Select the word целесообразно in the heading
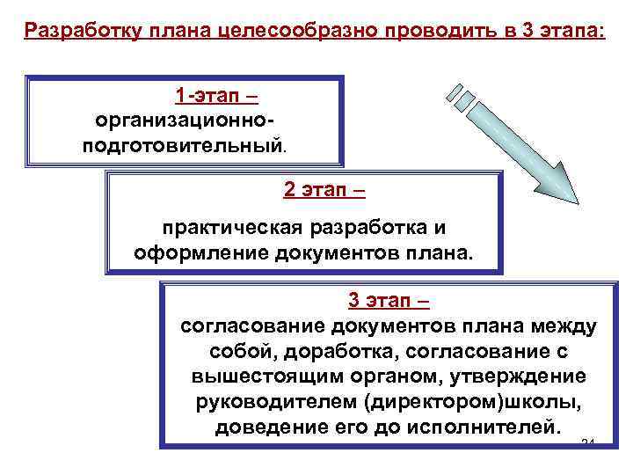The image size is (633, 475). click(x=283, y=31)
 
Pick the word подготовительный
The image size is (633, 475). click(x=182, y=143)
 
